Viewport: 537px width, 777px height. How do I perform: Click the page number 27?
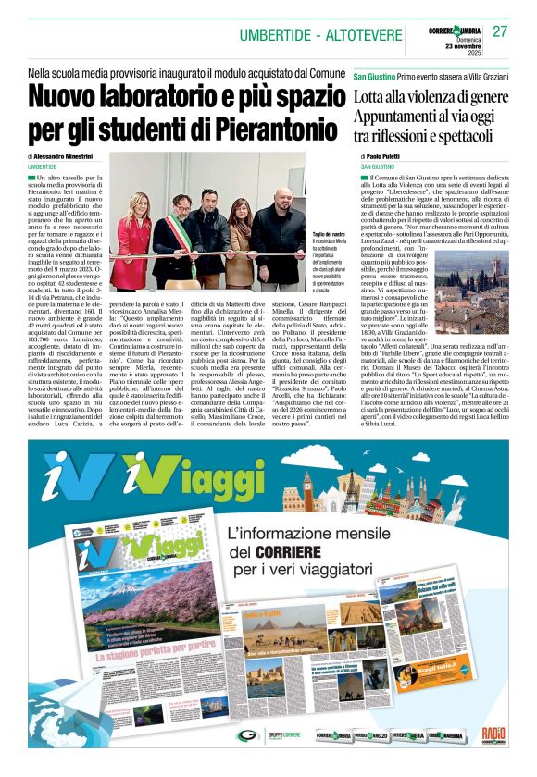[500, 31]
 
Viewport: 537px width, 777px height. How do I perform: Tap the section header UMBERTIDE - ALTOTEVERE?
[319, 35]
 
